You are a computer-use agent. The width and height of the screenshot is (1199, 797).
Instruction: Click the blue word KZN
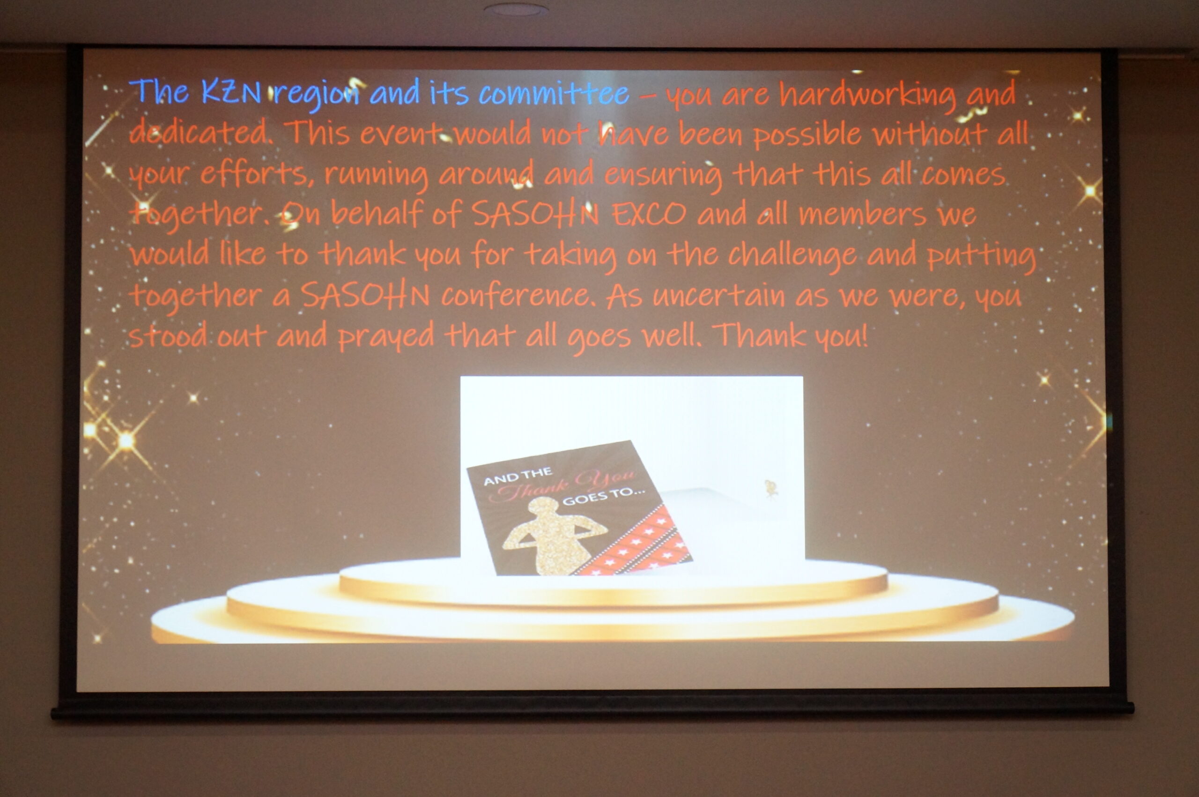click(x=231, y=92)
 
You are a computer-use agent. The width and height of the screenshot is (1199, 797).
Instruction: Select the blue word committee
click(x=553, y=93)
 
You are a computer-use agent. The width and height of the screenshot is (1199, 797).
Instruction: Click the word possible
click(x=807, y=134)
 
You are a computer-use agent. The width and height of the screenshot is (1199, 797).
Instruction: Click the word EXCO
click(x=649, y=214)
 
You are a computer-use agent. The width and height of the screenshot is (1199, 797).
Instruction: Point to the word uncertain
click(x=718, y=296)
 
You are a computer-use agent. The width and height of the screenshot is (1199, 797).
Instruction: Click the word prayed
click(x=386, y=337)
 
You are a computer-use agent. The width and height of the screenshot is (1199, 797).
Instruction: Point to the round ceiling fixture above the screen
click(x=516, y=8)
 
